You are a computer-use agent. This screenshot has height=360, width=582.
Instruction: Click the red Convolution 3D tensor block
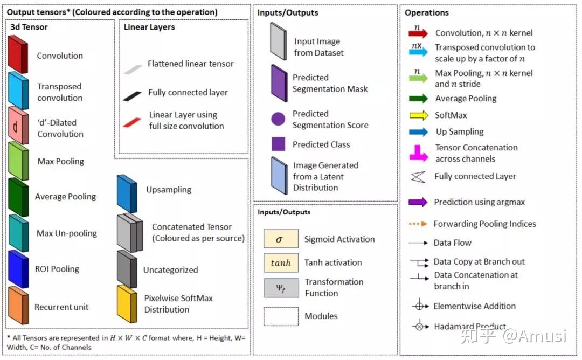tap(18, 54)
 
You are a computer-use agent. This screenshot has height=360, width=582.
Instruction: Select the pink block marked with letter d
tap(18, 126)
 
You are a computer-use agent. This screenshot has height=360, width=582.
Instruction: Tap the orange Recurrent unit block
tap(18, 305)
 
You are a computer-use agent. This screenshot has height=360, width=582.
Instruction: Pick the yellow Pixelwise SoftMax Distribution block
tap(127, 303)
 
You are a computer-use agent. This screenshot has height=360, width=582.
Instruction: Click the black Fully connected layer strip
tap(132, 96)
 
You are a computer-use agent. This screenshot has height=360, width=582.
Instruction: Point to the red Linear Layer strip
tap(132, 122)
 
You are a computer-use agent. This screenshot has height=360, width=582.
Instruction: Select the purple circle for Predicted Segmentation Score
tap(278, 119)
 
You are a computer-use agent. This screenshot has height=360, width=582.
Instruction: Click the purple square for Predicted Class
tap(279, 144)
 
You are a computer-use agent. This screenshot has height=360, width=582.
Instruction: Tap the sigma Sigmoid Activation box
tap(281, 239)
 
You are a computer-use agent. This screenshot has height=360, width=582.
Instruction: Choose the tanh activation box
tap(281, 263)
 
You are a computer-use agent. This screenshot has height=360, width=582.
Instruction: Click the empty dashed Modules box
tap(281, 316)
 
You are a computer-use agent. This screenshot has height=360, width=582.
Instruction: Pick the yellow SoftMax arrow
tap(419, 115)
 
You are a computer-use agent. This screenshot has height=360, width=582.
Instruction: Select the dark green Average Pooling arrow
tap(418, 99)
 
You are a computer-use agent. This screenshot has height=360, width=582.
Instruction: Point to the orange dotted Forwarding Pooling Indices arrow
tap(418, 224)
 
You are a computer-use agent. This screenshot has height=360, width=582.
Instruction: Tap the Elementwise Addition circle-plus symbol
tap(419, 306)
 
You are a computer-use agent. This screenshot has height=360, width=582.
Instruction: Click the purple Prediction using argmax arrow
tap(418, 202)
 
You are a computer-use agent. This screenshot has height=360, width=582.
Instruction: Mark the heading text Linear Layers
tap(149, 27)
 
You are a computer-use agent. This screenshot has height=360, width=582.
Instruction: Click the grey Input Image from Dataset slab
tap(279, 41)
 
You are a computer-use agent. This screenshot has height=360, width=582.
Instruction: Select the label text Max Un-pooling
tap(67, 233)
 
